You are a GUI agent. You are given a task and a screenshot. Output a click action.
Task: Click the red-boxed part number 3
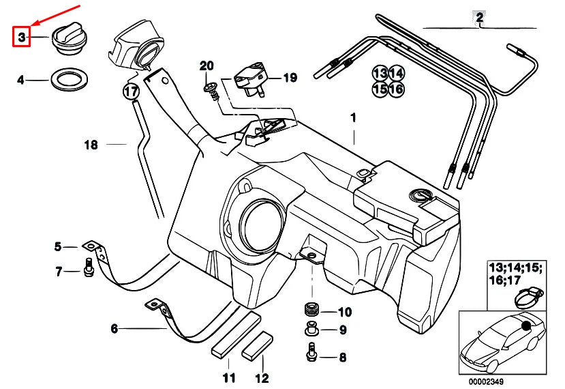(x=21, y=38)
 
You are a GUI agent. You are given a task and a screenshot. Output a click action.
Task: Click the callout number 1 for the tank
(x=353, y=117)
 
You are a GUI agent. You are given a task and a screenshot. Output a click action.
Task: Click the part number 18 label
(x=91, y=145)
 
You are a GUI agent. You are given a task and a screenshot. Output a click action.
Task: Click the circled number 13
(x=380, y=73)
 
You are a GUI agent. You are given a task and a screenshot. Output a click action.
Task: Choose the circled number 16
(x=396, y=89)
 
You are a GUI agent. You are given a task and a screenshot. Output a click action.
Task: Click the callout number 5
(x=58, y=246)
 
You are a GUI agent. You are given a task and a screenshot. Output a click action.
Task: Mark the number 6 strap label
(x=114, y=329)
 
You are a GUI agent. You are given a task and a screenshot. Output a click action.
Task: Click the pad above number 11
(x=235, y=334)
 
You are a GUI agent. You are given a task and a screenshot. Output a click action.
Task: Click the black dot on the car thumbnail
(x=527, y=326)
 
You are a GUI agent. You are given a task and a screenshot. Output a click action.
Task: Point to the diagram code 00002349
(x=491, y=382)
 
